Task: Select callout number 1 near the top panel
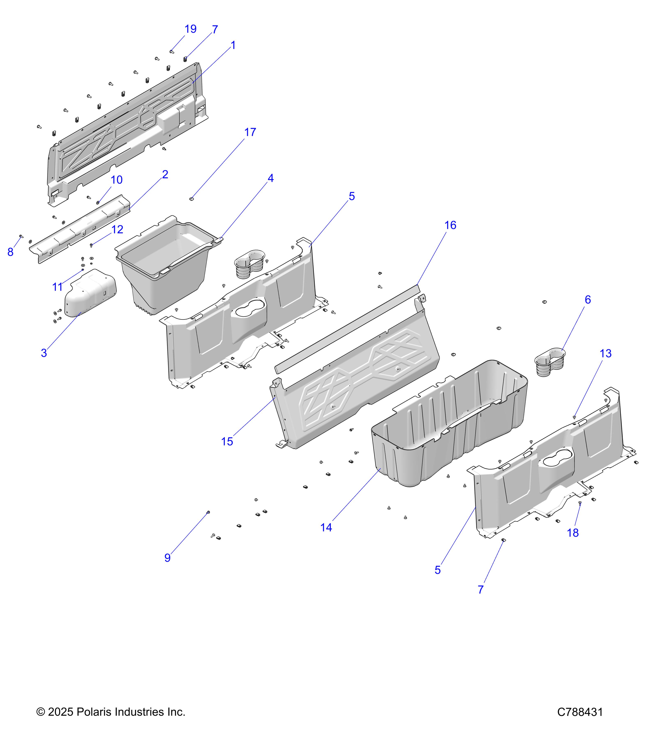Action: [233, 46]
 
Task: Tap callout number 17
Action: [250, 132]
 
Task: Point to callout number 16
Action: [450, 225]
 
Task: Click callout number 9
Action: [167, 558]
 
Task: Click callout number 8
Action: [10, 252]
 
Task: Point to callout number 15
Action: [227, 441]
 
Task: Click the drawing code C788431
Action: [580, 712]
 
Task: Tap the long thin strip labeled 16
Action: [347, 327]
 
